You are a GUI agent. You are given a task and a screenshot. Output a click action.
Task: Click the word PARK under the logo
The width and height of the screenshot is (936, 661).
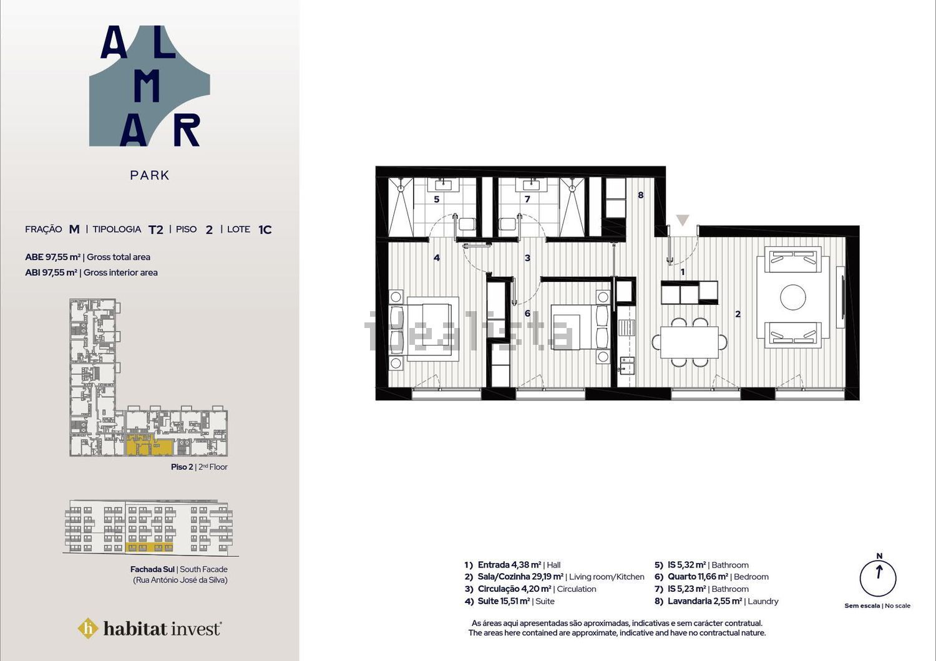pyautogui.click(x=150, y=175)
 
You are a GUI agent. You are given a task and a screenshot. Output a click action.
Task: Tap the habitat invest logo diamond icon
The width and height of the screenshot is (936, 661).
pyautogui.click(x=88, y=628)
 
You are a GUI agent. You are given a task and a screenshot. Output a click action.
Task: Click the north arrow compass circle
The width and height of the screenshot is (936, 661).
pyautogui.click(x=878, y=578)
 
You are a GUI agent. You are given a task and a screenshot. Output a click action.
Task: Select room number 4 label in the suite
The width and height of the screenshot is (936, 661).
pyautogui.click(x=437, y=258)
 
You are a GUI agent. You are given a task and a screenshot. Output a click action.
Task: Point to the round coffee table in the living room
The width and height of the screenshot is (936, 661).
pyautogui.click(x=792, y=297)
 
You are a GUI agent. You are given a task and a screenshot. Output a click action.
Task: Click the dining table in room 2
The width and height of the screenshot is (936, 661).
pyautogui.click(x=690, y=342)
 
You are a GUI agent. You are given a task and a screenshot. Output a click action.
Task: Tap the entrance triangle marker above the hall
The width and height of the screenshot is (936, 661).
pyautogui.click(x=683, y=220)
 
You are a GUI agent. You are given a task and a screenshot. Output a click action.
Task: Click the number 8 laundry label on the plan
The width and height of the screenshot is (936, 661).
pyautogui.click(x=641, y=195)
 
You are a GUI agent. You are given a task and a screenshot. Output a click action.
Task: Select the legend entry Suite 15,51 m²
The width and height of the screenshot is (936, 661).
pyautogui.click(x=510, y=601)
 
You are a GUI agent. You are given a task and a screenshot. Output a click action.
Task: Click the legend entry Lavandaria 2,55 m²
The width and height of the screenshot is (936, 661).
pyautogui.click(x=716, y=601)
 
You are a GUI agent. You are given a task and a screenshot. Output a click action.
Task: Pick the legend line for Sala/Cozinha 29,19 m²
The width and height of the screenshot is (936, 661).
pyautogui.click(x=555, y=577)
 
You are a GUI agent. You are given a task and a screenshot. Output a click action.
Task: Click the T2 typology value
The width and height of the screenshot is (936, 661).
pyautogui.click(x=156, y=229)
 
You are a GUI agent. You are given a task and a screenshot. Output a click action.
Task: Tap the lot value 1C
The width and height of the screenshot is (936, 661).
pyautogui.click(x=265, y=229)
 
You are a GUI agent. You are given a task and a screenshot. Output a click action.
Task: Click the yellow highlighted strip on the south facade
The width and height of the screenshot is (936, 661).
pyautogui.click(x=149, y=547)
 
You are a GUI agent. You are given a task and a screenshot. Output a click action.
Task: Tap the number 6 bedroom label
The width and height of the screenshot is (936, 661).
pyautogui.click(x=527, y=314)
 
